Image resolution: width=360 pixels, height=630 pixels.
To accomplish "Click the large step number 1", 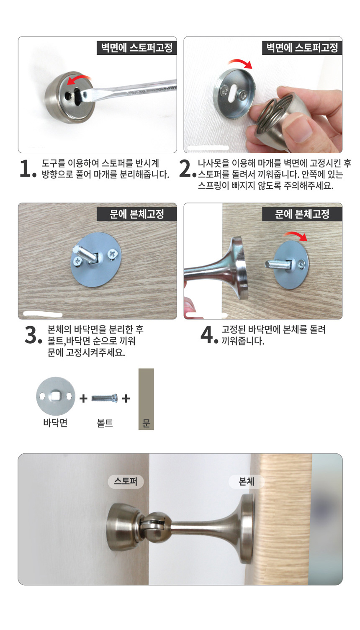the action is pyautogui.click(x=28, y=168).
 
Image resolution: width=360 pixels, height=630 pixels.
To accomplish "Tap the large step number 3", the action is pyautogui.click(x=33, y=335).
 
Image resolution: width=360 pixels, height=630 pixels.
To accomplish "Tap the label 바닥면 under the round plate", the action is pyautogui.click(x=55, y=423).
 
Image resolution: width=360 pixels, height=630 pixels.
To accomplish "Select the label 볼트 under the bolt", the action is pyautogui.click(x=105, y=423).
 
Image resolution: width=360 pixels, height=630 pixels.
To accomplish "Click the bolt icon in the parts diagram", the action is pyautogui.click(x=105, y=398).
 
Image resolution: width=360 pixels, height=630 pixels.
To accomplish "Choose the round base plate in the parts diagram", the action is pyautogui.click(x=56, y=396).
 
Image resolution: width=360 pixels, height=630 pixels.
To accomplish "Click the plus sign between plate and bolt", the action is pyautogui.click(x=83, y=398).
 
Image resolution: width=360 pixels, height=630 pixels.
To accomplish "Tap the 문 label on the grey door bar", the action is pyautogui.click(x=146, y=423).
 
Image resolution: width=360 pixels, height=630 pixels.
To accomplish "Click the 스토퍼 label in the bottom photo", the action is pyautogui.click(x=126, y=481).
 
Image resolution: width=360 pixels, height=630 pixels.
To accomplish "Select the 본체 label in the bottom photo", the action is pyautogui.click(x=247, y=481).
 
